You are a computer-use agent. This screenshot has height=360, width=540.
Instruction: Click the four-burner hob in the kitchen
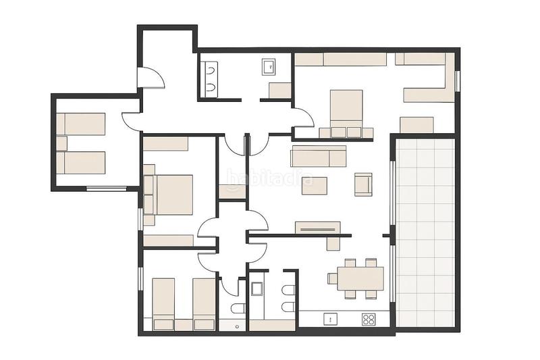369,319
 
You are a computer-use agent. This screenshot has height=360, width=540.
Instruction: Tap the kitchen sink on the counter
331,319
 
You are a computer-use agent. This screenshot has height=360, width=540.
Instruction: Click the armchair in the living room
363,184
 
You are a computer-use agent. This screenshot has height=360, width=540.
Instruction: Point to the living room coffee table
315,185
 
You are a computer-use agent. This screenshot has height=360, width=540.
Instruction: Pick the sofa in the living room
318,156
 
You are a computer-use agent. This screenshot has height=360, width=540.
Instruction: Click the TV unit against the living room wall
317,228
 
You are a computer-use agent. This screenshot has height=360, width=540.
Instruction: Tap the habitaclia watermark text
270,180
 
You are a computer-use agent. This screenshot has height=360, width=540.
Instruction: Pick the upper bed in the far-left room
81,124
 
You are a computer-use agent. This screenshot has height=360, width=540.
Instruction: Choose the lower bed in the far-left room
81,163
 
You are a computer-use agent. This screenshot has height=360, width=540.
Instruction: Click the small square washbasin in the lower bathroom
256,289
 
